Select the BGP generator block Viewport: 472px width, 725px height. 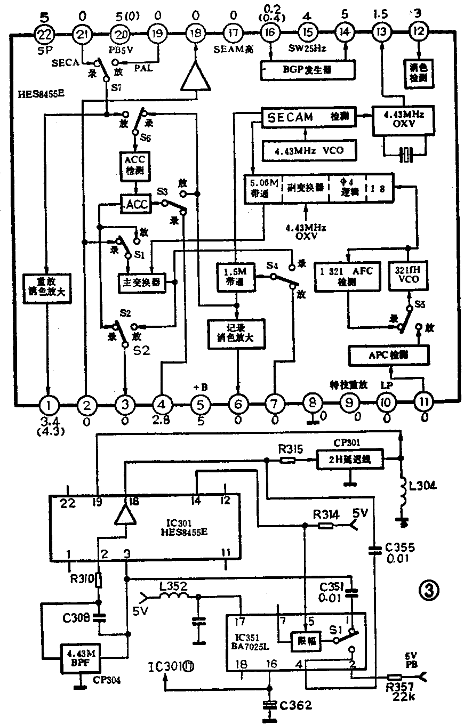pos(308,69)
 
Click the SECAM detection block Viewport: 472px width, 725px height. pos(308,117)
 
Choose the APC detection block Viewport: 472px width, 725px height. pos(388,354)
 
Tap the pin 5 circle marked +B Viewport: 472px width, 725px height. pos(201,404)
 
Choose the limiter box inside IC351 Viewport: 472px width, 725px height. pos(305,642)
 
